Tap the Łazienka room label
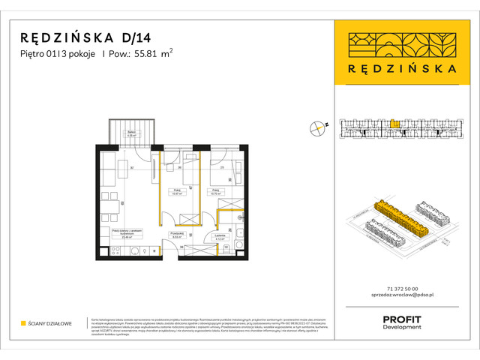[220, 236]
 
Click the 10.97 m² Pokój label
[178, 192]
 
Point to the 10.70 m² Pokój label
[215, 192]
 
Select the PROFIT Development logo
[402, 322]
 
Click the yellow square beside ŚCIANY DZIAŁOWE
[24, 323]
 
